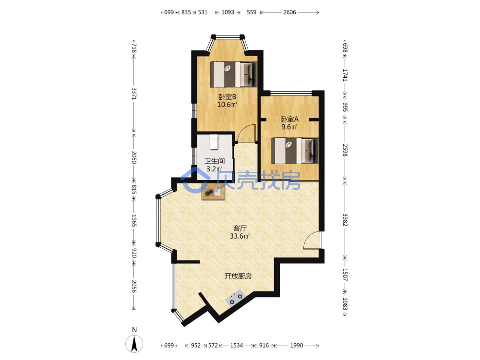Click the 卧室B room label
tap(227, 97)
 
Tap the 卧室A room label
tap(289, 119)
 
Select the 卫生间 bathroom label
tap(215, 161)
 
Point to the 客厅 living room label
tap(240, 228)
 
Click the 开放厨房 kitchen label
tap(238, 276)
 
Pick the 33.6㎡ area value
tap(240, 236)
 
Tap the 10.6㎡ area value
tap(227, 105)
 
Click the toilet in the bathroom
tap(214, 142)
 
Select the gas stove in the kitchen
tap(235, 297)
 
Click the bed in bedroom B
tap(233, 74)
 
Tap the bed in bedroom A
tap(295, 151)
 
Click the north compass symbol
tap(134, 341)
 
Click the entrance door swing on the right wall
tap(312, 240)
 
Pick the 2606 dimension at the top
tap(289, 12)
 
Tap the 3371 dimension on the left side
tap(134, 94)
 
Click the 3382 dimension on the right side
tap(345, 219)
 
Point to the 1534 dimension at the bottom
tap(237, 346)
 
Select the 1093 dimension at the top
tap(228, 12)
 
